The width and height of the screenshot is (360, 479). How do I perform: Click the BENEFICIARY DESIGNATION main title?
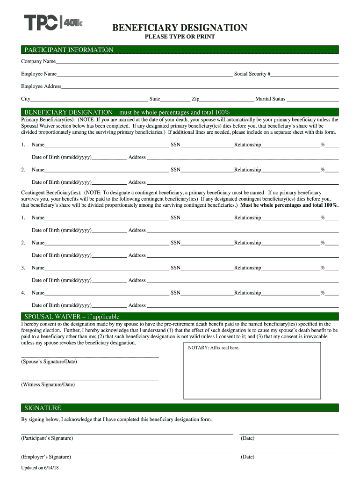click(x=180, y=28)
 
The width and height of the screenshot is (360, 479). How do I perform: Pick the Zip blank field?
click(x=226, y=99)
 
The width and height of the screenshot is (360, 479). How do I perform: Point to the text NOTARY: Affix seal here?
click(x=213, y=348)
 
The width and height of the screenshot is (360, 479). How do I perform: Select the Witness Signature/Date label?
click(x=48, y=385)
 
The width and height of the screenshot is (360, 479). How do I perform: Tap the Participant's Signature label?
click(x=47, y=438)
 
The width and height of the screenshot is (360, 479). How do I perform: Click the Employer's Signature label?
click(x=46, y=457)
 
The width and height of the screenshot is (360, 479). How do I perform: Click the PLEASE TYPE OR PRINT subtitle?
click(x=180, y=36)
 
